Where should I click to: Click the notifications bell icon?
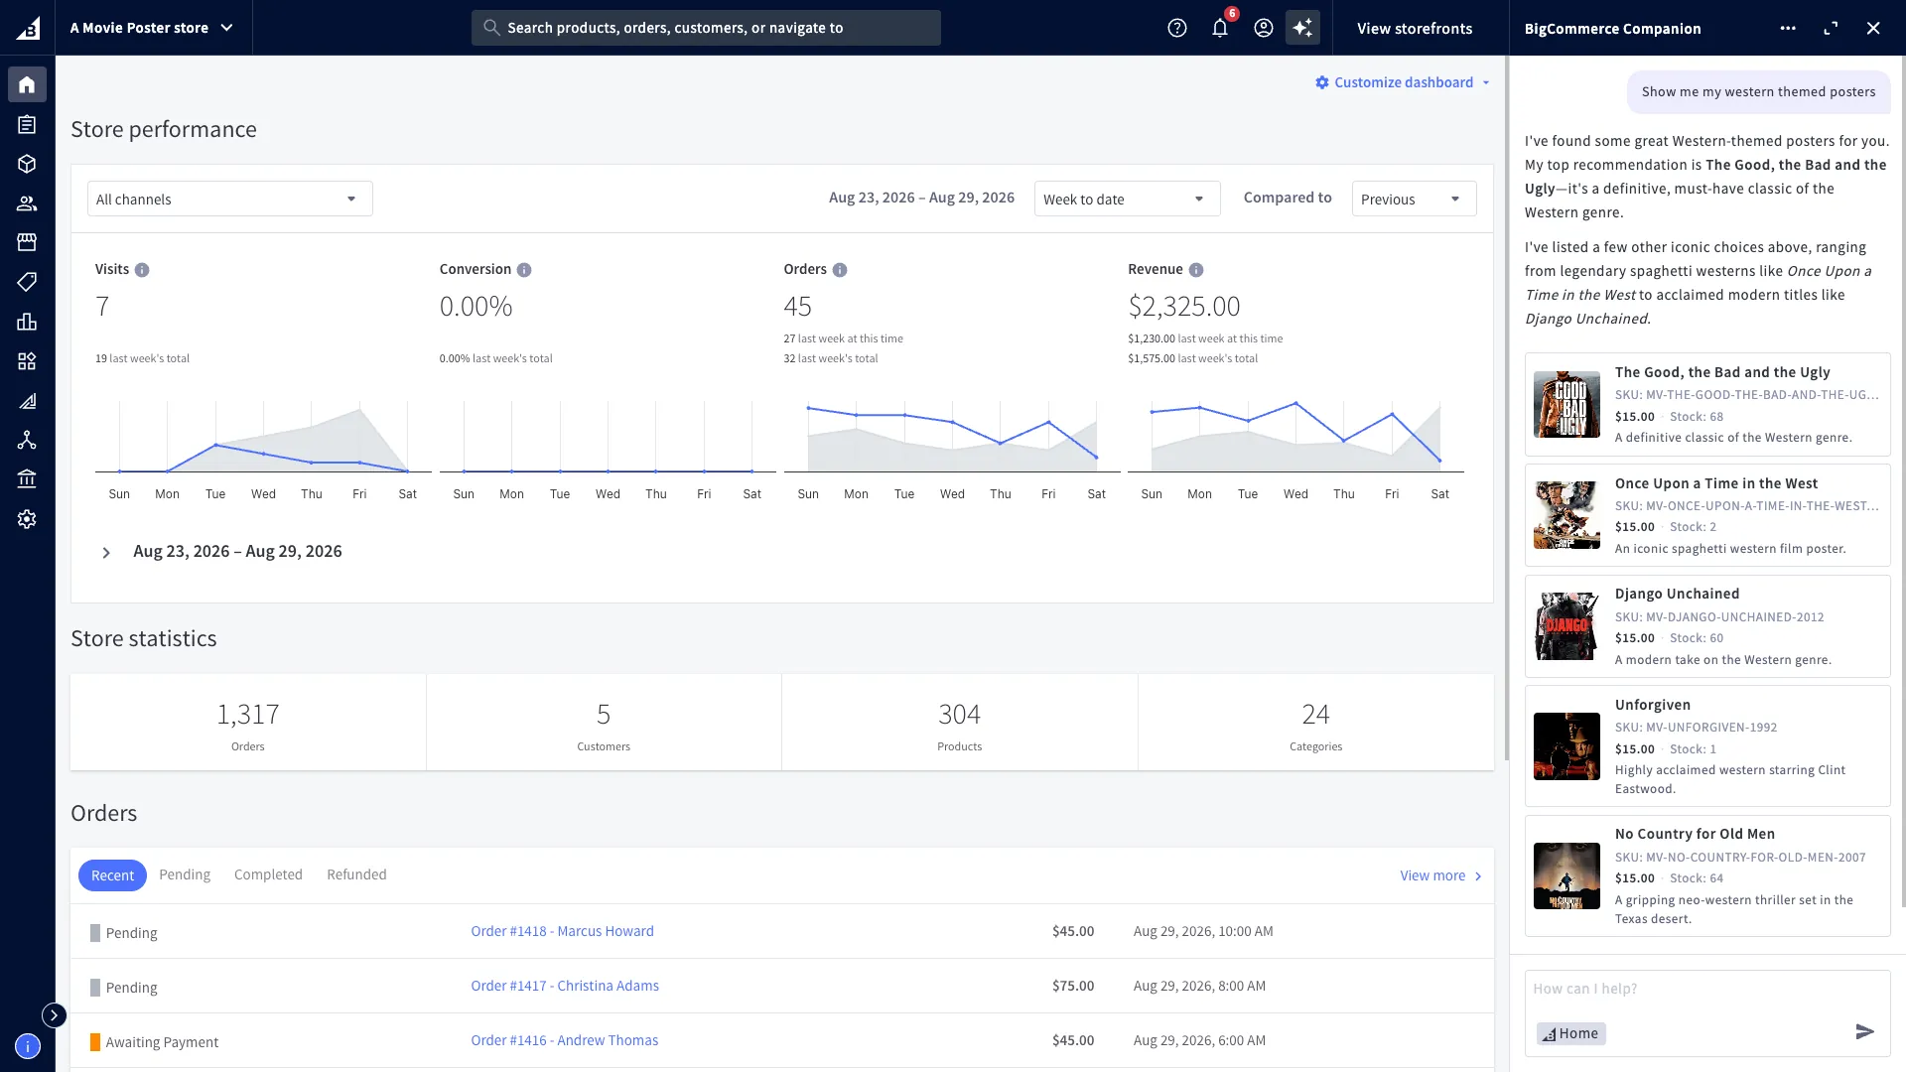pyautogui.click(x=1220, y=28)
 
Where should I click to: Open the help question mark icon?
pyautogui.click(x=1177, y=28)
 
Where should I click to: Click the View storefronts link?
pyautogui.click(x=1415, y=28)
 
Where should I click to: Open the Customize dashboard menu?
pyautogui.click(x=1403, y=82)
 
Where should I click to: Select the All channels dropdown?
pyautogui.click(x=230, y=199)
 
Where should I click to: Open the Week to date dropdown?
pyautogui.click(x=1127, y=199)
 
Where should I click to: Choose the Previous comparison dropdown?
pyautogui.click(x=1414, y=199)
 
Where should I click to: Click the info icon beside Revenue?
pyautogui.click(x=1196, y=270)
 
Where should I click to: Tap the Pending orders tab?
pyautogui.click(x=185, y=874)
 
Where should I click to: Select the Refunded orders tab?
pyautogui.click(x=356, y=874)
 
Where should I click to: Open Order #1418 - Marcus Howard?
pyautogui.click(x=562, y=931)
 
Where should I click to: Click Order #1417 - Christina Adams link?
pyautogui.click(x=565, y=986)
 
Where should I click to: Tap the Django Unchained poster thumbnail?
pyautogui.click(x=1566, y=626)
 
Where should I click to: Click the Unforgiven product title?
pyautogui.click(x=1652, y=705)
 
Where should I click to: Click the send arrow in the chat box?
pyautogui.click(x=1864, y=1032)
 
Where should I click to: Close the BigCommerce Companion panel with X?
pyautogui.click(x=1873, y=28)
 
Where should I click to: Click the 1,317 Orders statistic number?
pyautogui.click(x=248, y=714)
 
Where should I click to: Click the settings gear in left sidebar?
pyautogui.click(x=27, y=519)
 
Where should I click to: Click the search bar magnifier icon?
pyautogui.click(x=491, y=28)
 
